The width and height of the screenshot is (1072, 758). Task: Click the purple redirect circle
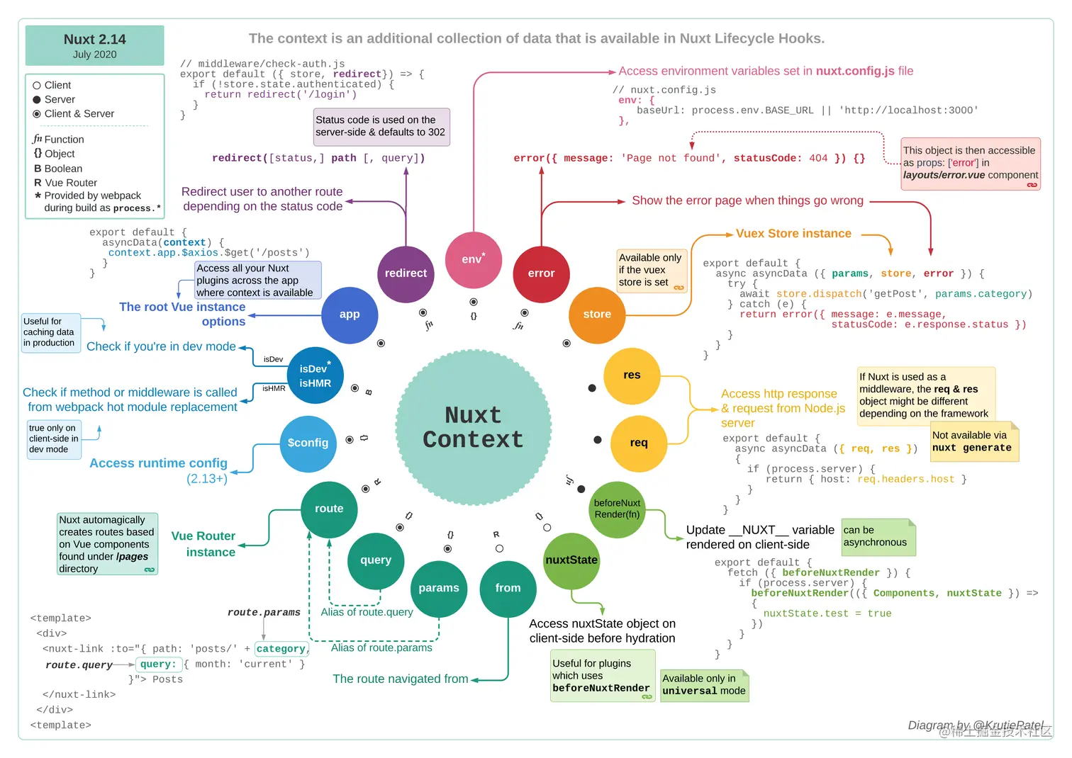[x=406, y=273]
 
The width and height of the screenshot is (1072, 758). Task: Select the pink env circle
[x=473, y=259]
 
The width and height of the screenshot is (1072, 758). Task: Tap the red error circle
[x=541, y=273]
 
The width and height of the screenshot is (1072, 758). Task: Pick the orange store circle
[x=597, y=315]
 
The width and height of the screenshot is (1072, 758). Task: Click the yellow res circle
[x=632, y=375]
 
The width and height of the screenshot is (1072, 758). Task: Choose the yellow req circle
[x=639, y=443]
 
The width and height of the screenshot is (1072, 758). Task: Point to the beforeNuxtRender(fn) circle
[x=617, y=509]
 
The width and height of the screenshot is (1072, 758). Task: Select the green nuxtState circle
[x=571, y=560]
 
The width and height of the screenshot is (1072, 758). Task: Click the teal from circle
[x=508, y=588]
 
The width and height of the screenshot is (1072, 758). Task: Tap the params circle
[x=439, y=588]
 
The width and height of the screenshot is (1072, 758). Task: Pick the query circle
[x=376, y=560]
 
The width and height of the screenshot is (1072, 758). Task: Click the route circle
[x=329, y=509]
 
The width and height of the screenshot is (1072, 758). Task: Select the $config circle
[x=308, y=443]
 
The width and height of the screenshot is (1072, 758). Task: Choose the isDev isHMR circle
[x=315, y=375]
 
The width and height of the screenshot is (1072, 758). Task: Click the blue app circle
[x=350, y=315]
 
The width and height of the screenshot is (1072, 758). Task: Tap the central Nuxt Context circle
[x=473, y=427]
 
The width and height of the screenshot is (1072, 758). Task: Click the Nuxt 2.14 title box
[x=95, y=45]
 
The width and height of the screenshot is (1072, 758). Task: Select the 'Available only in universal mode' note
[x=704, y=685]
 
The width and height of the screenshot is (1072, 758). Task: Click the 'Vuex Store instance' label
[x=793, y=234]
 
